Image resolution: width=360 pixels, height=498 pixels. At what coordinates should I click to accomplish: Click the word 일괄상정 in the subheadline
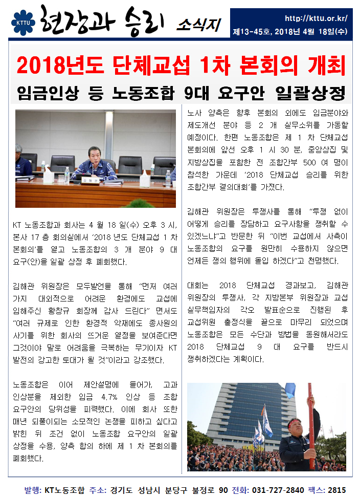[x=310, y=93]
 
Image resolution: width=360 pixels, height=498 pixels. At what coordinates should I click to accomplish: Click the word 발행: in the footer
[x=32, y=490]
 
